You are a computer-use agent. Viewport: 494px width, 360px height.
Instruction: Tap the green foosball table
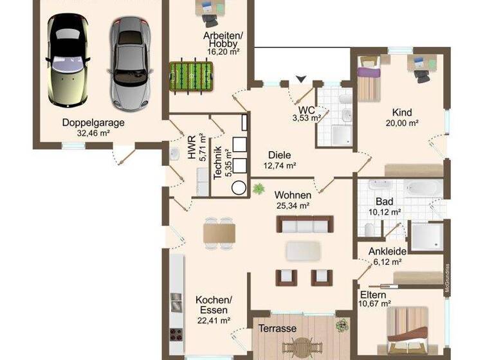[190, 75]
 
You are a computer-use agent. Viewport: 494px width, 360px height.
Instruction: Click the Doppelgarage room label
[93, 123]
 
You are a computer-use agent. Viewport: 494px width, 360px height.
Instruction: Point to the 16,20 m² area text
[223, 51]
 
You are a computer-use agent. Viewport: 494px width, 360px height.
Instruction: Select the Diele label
[280, 155]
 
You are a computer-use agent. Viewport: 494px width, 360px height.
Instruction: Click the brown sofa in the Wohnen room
[306, 224]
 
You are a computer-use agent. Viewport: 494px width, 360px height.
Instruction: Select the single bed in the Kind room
[368, 82]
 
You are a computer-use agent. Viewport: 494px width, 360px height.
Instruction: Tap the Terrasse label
[277, 328]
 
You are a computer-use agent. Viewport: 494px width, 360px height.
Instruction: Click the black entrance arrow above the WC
[300, 79]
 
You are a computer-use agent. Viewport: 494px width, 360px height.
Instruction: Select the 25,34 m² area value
[293, 206]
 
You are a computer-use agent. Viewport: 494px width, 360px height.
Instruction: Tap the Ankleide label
[387, 251]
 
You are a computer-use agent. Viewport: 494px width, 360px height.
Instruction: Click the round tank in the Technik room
[239, 187]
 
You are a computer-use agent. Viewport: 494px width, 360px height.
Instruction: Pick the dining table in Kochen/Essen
[219, 232]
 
